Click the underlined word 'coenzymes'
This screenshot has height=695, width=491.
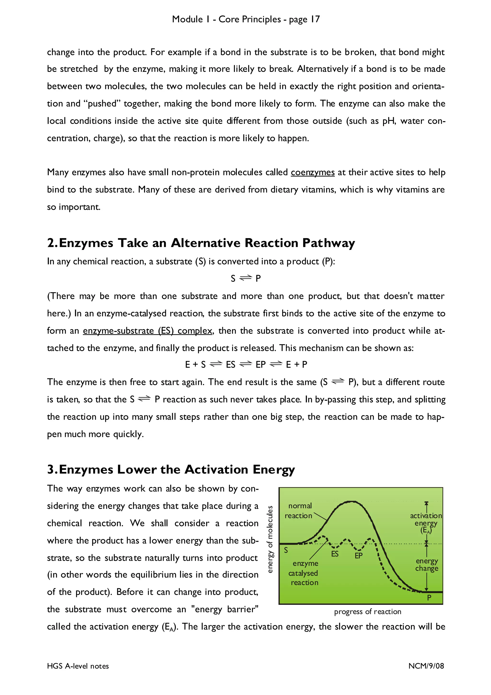pyautogui.click(x=313, y=172)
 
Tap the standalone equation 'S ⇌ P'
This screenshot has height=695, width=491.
pyautogui.click(x=245, y=278)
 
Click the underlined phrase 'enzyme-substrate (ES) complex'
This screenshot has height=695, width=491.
pyautogui.click(x=148, y=330)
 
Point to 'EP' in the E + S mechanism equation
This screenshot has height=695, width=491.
pyautogui.click(x=260, y=365)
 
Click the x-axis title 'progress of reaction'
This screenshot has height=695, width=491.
pyautogui.click(x=368, y=612)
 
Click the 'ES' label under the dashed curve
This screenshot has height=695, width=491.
pyautogui.click(x=335, y=554)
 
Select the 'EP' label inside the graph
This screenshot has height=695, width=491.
pyautogui.click(x=358, y=556)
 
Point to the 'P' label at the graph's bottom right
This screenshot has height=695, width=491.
pyautogui.click(x=429, y=598)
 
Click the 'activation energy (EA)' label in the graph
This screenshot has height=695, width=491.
pyautogui.click(x=426, y=523)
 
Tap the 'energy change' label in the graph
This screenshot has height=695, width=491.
pyautogui.click(x=427, y=565)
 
